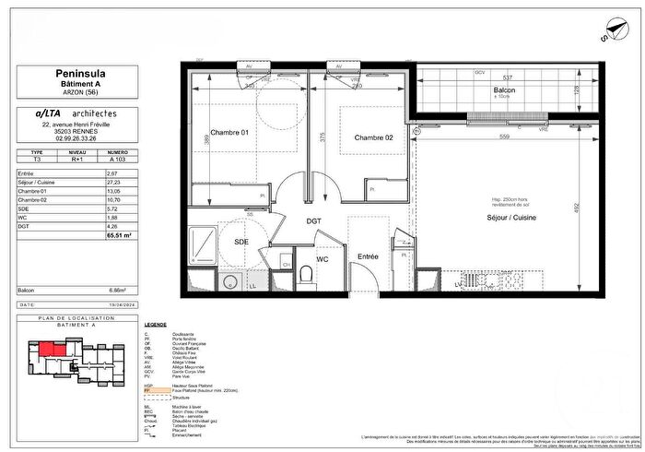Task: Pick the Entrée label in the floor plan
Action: tap(369, 256)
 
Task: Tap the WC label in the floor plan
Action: tap(322, 259)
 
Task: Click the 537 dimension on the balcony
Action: tap(505, 77)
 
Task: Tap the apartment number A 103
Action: tap(117, 160)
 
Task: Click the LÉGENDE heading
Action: tap(155, 326)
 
